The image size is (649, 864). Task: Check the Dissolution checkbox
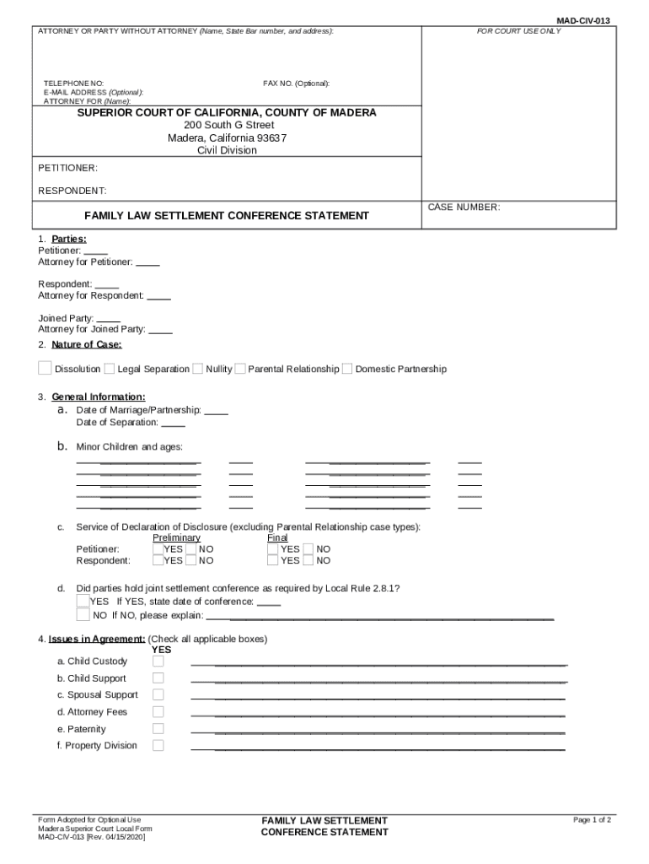[x=45, y=368]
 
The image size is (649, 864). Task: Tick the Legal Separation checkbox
[x=110, y=369]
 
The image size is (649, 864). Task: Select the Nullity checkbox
[x=197, y=369]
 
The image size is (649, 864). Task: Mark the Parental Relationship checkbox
[x=240, y=369]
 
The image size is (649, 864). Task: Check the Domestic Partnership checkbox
[x=347, y=369]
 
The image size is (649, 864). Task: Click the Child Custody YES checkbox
[x=158, y=661]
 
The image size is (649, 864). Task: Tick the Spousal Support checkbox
[x=158, y=694]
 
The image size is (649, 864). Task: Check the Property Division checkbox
[x=158, y=745]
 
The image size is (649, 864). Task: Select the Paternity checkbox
[x=158, y=728]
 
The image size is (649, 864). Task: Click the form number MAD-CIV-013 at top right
[x=583, y=20]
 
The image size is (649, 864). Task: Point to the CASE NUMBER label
[x=464, y=207]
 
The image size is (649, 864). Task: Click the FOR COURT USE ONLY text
[x=518, y=31]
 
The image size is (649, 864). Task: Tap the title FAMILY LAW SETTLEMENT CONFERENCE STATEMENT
[x=227, y=216]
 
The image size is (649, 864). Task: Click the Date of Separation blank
[x=173, y=423]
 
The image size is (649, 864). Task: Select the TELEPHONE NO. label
[x=74, y=84]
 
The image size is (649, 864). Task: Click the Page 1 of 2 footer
[x=592, y=820]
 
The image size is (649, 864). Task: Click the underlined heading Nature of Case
[x=86, y=344]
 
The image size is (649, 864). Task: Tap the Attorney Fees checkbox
[x=158, y=711]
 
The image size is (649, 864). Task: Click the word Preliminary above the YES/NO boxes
[x=176, y=537]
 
